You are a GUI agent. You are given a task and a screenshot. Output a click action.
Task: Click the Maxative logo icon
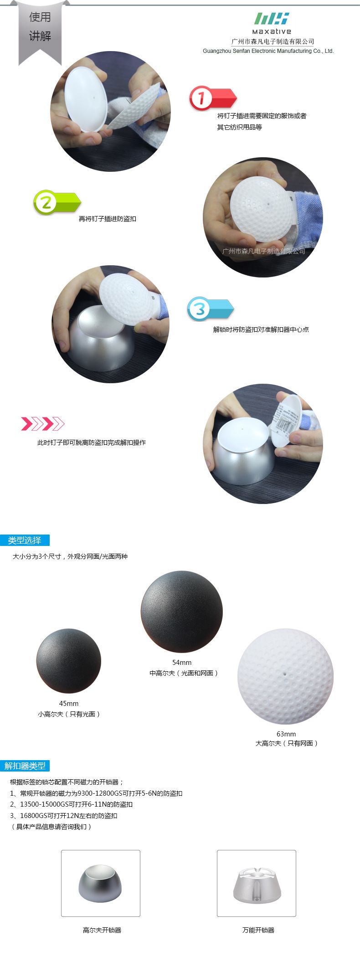pos(272,19)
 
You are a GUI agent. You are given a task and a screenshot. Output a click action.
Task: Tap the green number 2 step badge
pos(57,202)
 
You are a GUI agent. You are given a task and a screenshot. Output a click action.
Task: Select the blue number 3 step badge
pos(210,309)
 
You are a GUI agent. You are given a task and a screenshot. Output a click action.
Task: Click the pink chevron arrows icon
pos(43,424)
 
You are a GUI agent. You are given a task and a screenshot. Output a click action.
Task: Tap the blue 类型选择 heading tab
pos(25,540)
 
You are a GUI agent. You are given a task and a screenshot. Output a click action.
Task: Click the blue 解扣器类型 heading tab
pos(25,766)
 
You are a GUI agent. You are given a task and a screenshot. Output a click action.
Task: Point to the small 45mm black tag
pos(68,661)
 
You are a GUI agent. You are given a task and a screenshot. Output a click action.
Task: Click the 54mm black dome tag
pos(182,612)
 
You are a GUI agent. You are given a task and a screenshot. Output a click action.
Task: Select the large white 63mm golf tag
pos(286,676)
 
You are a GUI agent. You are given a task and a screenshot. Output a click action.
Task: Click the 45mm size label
pos(69,704)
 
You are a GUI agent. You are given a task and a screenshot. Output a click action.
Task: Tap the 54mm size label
pos(182,663)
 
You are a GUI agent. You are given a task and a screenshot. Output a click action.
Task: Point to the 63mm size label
pos(286,734)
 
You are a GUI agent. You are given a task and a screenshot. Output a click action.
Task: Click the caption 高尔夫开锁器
pos(102,930)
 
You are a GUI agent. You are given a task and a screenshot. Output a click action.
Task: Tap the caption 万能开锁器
pos(258,930)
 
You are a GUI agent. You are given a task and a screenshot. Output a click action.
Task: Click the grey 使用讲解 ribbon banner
pos(40,30)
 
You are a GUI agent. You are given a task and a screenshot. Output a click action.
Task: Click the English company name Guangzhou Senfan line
pos(268,51)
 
